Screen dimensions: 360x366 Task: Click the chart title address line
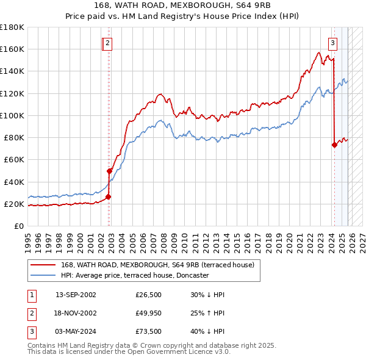click(x=182, y=5)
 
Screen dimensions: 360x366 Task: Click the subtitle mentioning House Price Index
click(x=182, y=16)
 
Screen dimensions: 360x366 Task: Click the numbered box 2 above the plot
click(x=107, y=43)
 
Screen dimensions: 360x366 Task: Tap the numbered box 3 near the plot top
click(x=332, y=43)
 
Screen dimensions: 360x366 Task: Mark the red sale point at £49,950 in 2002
click(x=110, y=171)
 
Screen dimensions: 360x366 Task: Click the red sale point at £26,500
click(x=108, y=197)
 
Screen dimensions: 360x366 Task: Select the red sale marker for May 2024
click(x=334, y=145)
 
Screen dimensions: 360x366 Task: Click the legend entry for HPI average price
click(x=135, y=275)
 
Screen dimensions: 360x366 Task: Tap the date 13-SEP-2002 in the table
click(x=76, y=295)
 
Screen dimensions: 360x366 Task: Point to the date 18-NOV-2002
click(x=76, y=314)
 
